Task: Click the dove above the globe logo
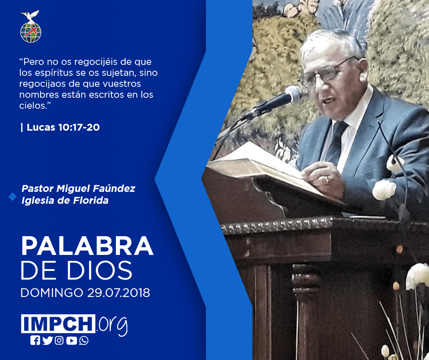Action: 30,16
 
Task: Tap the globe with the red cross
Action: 31,32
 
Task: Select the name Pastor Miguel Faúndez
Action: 78,189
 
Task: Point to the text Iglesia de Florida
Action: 65,201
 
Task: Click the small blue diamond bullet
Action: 13,196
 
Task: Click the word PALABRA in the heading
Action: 87,246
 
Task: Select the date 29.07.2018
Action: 119,292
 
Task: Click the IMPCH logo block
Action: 58,323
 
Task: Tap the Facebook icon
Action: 35,340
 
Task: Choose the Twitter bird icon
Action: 47,340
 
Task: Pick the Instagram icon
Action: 59,340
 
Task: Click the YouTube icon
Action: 71,340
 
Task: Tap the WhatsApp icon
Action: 84,340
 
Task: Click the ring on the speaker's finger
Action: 327,180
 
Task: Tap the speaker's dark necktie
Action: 335,142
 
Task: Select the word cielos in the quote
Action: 33,106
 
